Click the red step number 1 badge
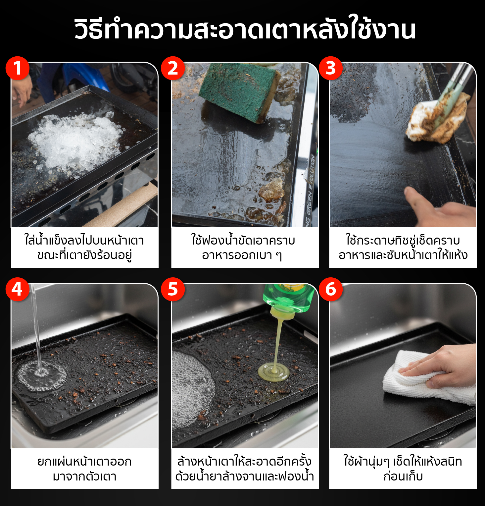pos(18,68)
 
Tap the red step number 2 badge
pos(173,68)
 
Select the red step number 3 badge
pos(331,68)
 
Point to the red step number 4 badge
pos(18,289)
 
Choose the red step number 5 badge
pos(173,289)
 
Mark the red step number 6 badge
pos(331,289)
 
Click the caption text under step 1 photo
pos(84,248)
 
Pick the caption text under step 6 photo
pos(403,469)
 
